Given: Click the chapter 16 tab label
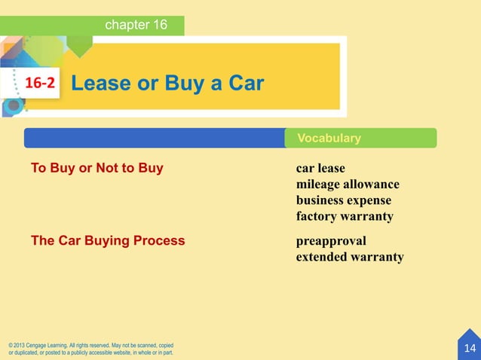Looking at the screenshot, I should coord(136,25).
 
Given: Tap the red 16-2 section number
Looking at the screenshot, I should coord(41,84).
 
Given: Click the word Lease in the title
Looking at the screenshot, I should coord(97,83).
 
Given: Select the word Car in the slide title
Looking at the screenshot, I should coord(246,83).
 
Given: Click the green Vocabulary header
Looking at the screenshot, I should coord(329,139).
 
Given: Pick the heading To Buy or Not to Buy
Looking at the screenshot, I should coord(97,168).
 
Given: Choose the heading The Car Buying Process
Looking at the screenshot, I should coord(107,241).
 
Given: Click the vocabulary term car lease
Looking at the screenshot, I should coord(320,168).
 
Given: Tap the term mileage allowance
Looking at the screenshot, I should coord(348,185).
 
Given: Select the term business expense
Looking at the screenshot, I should coord(344,200).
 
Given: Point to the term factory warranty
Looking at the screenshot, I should coord(345,217).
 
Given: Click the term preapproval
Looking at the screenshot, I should coord(331,241).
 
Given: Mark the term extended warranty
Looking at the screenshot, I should coord(350,258).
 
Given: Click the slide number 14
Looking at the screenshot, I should coord(470,348).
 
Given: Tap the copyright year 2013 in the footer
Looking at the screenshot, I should coord(26,345).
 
